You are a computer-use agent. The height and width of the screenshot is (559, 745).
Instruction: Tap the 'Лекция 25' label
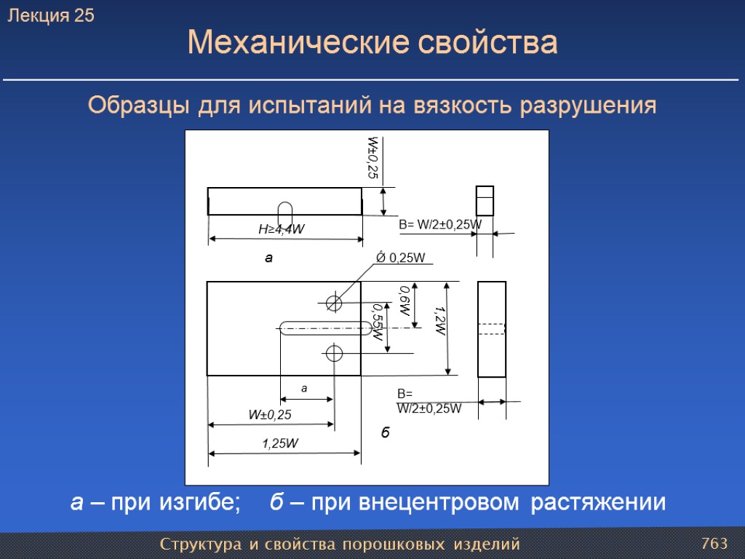51,16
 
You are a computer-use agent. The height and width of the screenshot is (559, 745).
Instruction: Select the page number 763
714,544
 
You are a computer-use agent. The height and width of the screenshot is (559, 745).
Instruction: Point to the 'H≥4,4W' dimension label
282,229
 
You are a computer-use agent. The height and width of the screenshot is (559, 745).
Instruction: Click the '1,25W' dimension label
282,443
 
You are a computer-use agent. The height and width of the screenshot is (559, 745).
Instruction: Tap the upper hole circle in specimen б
334,301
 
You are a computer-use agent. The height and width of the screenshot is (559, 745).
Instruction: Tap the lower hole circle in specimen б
334,354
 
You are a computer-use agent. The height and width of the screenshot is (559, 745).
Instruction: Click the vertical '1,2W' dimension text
439,320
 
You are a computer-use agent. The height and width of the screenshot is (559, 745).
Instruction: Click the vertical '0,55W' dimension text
377,323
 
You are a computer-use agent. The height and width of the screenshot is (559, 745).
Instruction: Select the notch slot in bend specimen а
285,215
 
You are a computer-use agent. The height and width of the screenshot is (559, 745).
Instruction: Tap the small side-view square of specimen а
485,201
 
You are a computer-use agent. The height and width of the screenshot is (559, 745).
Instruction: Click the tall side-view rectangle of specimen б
492,329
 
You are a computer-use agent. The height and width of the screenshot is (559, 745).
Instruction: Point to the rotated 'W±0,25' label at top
372,157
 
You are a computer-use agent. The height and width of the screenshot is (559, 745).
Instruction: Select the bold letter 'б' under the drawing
386,433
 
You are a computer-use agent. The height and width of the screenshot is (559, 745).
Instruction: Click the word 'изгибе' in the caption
196,502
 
